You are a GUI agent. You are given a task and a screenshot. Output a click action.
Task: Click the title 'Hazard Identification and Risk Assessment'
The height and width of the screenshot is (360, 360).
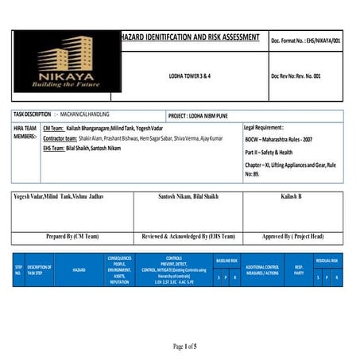point(189,37)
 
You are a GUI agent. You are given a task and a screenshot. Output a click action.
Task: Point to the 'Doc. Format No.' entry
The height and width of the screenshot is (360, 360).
point(306,39)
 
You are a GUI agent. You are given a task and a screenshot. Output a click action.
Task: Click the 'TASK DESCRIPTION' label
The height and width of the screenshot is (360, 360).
point(33,115)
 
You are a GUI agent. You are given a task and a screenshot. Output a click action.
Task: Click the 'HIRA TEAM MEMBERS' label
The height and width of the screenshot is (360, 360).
point(25,132)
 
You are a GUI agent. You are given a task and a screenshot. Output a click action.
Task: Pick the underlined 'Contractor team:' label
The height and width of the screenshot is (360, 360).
point(64,138)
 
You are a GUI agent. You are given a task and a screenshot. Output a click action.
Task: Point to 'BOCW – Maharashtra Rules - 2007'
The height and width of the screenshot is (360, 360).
point(284,139)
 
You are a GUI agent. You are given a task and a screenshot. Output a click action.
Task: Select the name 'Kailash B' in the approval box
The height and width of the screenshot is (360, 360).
point(292,196)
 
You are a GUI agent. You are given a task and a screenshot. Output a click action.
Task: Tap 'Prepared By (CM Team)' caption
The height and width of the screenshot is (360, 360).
point(73,236)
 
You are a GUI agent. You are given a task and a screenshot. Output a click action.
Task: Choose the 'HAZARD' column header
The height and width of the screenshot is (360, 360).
point(79,270)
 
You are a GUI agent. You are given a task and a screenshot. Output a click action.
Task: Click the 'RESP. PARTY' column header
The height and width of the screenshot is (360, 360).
point(299,269)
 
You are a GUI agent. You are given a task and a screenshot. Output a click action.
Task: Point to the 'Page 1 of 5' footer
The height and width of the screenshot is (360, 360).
point(184,346)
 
